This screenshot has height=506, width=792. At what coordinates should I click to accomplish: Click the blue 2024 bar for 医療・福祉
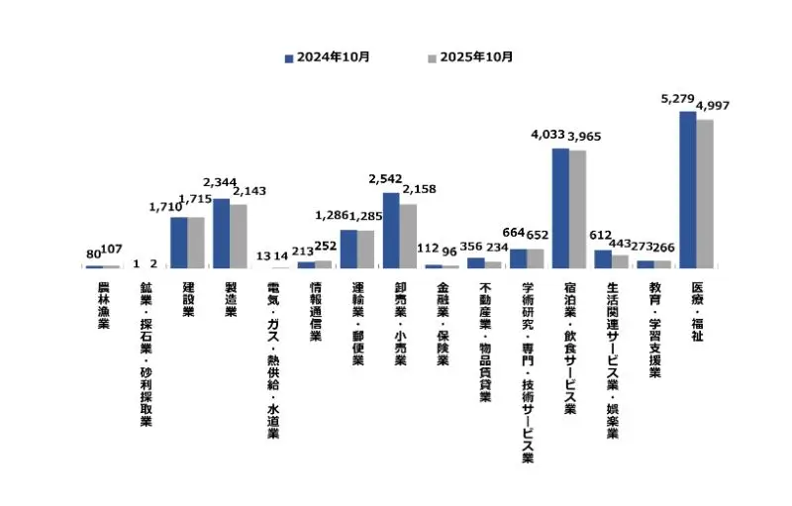[687, 189]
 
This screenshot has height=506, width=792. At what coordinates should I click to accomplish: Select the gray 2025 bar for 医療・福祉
[704, 194]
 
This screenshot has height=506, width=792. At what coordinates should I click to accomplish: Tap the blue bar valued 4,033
[560, 208]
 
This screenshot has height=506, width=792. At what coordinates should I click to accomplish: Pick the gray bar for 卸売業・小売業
[408, 236]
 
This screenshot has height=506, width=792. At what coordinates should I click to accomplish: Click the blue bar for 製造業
[221, 234]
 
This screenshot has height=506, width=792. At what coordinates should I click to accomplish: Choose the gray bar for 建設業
[195, 243]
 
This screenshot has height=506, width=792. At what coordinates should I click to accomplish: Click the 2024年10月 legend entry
[328, 57]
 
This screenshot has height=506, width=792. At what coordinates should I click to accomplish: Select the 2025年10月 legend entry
[470, 57]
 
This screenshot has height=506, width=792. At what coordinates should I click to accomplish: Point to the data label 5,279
[678, 99]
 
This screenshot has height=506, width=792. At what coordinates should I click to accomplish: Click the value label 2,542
[385, 180]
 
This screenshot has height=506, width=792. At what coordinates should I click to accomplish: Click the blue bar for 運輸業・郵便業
[348, 250]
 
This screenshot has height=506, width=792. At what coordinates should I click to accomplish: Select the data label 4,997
[713, 107]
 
